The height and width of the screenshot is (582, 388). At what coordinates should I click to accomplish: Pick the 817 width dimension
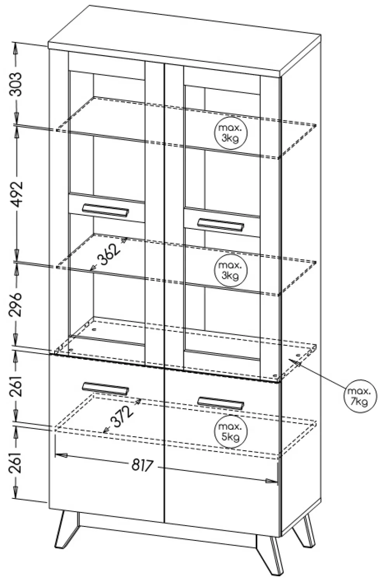pos(143,465)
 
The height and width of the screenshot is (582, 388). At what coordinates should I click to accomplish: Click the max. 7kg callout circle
pos(360,396)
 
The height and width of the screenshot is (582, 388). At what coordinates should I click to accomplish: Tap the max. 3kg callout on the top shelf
pos(231,133)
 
